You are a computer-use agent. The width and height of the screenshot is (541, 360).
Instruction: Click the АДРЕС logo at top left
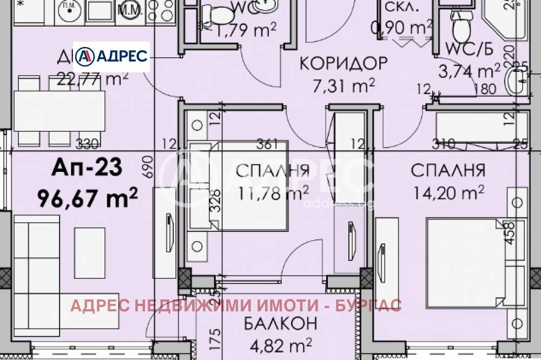[x=111, y=56]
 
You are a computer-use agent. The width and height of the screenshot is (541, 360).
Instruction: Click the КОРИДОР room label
[x=344, y=63]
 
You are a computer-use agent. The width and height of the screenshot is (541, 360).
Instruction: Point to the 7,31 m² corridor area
[x=344, y=85]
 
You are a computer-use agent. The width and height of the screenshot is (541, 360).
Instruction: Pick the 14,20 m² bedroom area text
[x=448, y=192]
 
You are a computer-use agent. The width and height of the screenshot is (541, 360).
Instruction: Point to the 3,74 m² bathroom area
[x=473, y=71]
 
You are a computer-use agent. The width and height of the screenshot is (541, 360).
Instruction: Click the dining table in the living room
[x=58, y=111]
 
